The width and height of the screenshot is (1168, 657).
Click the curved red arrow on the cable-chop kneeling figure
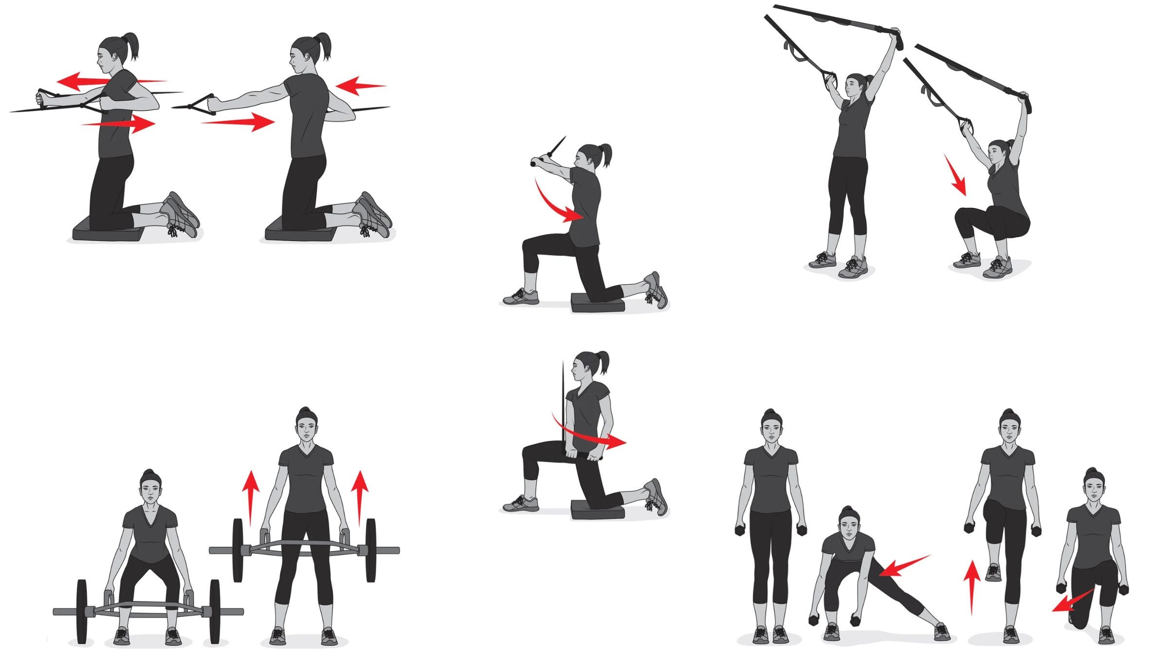555,204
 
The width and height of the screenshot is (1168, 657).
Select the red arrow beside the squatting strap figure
955,175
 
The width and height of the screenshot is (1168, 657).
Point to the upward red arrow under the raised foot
972,586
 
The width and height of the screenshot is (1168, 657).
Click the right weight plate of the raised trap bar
371,550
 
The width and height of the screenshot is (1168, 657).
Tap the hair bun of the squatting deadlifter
151,474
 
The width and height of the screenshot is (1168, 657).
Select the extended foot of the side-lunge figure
942,631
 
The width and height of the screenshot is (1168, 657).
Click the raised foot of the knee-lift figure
993,573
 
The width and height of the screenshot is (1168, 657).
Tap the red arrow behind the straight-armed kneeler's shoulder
360,86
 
